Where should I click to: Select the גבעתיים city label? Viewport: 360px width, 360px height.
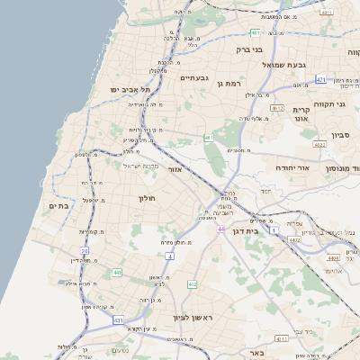[194, 77]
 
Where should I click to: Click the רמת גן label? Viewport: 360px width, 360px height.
[233, 83]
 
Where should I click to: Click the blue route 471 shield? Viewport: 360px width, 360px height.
[321, 80]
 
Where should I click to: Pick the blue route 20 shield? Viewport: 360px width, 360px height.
[84, 251]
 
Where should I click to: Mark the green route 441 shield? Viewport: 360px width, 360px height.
[117, 272]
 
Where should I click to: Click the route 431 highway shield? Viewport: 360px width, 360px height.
[118, 319]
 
